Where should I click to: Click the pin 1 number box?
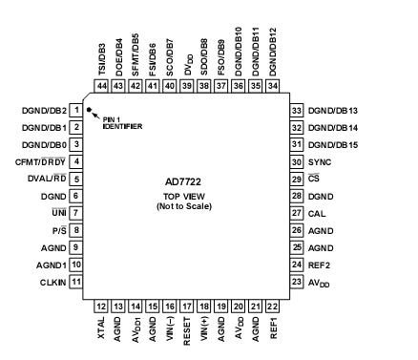74,110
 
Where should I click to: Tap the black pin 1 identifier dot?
89,110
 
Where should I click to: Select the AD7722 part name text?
186,181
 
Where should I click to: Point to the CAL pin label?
316,213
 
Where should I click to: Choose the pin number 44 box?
102,84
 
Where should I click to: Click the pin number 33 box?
296,110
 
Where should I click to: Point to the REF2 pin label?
319,265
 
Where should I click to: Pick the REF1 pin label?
273,328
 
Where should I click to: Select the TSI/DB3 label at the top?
102,56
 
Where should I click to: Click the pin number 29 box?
296,179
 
